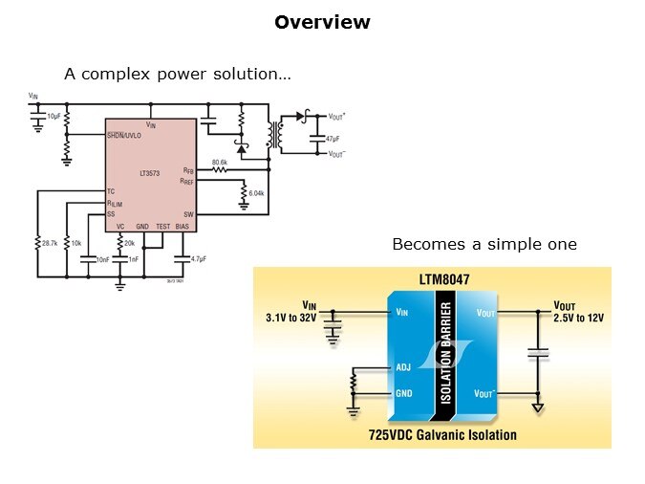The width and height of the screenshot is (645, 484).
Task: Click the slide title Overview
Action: (322, 22)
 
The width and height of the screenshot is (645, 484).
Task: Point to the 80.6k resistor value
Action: (219, 163)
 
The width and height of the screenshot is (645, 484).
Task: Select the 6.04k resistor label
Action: (256, 194)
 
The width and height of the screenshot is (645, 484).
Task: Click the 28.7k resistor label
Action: (50, 244)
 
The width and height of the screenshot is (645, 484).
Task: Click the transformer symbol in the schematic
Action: (277, 134)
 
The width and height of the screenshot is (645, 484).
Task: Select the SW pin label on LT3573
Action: (189, 214)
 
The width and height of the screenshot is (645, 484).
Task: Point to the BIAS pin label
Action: (183, 226)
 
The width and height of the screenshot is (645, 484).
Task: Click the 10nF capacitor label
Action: (103, 258)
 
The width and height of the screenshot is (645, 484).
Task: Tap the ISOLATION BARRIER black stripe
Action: (443, 358)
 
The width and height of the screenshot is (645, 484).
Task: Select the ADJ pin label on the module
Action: (403, 366)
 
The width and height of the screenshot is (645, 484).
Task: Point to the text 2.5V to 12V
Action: (578, 317)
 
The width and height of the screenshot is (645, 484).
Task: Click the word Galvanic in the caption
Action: (444, 435)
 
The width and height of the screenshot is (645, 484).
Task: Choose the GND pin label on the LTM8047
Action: (404, 393)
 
